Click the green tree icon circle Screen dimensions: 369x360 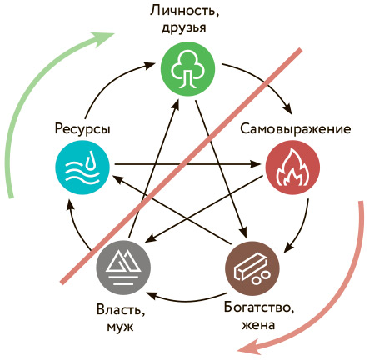click(188, 69)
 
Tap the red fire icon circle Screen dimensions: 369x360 click(292, 167)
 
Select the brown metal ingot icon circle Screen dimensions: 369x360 click(252, 268)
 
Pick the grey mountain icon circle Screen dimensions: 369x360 click(123, 267)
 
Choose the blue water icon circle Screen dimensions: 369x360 click(82, 167)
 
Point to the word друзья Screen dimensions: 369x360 click(184, 27)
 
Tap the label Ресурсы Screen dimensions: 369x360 click(82, 129)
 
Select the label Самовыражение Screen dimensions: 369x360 click(295, 129)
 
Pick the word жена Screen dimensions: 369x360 click(258, 325)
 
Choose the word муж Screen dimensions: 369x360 click(120, 327)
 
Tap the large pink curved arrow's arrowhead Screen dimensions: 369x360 click(249, 348)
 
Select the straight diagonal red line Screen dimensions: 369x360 click(181, 166)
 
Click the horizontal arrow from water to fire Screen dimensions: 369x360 click(187, 164)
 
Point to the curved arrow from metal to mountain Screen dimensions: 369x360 click(187, 300)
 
